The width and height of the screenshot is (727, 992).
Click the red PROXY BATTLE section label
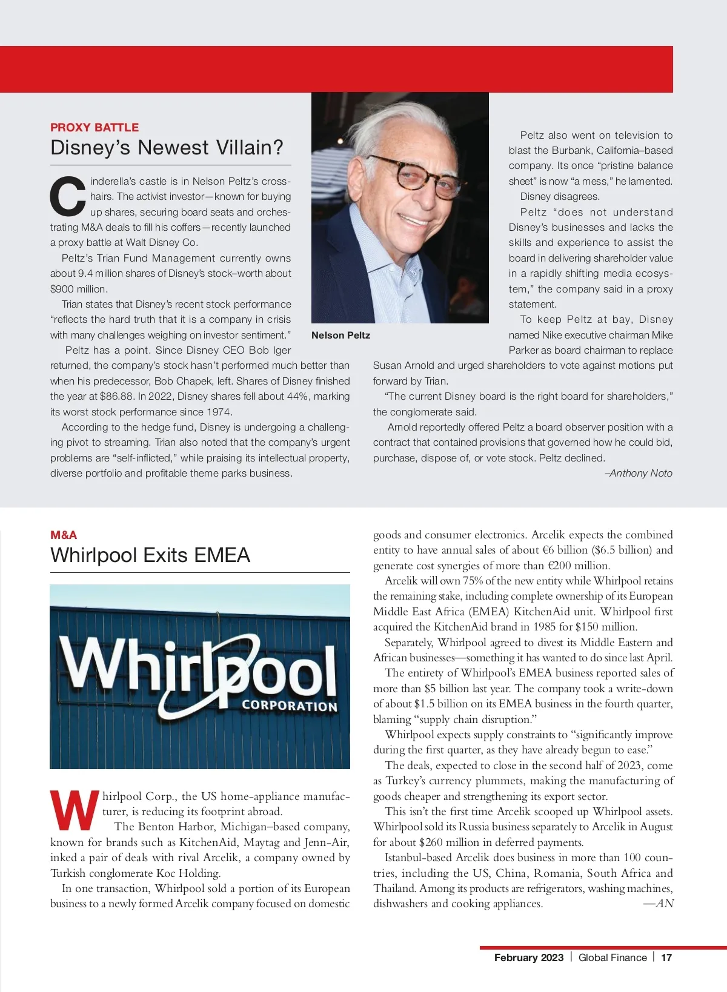[95, 127]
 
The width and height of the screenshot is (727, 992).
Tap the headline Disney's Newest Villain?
[167, 148]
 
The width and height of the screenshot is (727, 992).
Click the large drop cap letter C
[67, 196]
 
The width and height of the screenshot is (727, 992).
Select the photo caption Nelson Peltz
[340, 336]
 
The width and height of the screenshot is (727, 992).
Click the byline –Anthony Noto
[639, 473]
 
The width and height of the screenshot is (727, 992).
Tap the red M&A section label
[64, 535]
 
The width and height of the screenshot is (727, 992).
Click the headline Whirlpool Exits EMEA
[150, 555]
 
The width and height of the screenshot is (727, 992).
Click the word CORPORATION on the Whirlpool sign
[289, 706]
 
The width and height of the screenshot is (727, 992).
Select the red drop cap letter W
[74, 810]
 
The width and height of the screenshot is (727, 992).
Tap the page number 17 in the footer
[666, 957]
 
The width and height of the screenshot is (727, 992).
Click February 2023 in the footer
[528, 957]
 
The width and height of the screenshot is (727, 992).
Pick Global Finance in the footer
[612, 957]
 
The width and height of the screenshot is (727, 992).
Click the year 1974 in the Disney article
[219, 412]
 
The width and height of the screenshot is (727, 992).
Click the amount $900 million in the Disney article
[78, 289]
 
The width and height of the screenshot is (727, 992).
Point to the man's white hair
[388, 121]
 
